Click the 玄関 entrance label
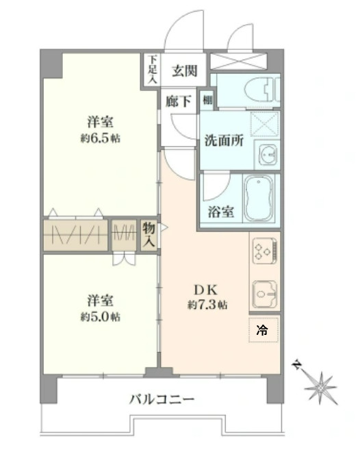(x=185, y=71)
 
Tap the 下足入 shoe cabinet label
(x=153, y=69)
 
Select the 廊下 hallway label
(x=179, y=101)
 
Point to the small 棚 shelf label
(x=207, y=100)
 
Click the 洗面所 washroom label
(x=224, y=140)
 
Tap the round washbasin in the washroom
(x=269, y=154)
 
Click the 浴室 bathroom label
(x=220, y=212)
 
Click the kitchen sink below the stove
(x=265, y=295)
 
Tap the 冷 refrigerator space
(x=263, y=330)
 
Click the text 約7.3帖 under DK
(x=207, y=305)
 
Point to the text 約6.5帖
(x=100, y=138)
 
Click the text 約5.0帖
(x=100, y=317)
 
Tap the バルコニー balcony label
(x=162, y=399)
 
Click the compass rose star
(x=320, y=388)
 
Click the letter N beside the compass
(x=297, y=365)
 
